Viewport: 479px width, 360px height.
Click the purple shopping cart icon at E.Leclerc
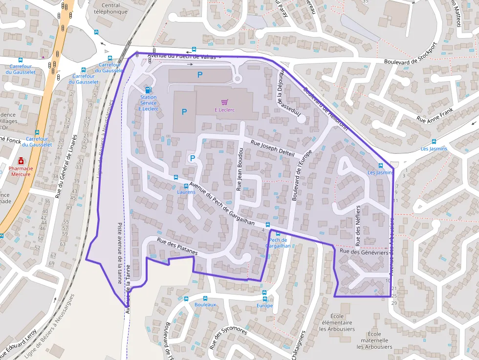click(x=224, y=102)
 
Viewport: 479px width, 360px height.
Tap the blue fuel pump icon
click(x=148, y=89)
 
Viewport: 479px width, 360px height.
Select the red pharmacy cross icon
click(x=21, y=160)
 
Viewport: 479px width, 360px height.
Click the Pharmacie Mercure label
click(x=21, y=171)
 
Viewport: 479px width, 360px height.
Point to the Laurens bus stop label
click(x=186, y=192)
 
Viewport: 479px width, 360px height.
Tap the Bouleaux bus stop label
click(x=205, y=304)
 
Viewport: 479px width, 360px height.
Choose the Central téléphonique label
click(x=110, y=8)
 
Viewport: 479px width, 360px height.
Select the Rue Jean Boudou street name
click(x=239, y=168)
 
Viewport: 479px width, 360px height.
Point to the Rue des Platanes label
click(x=177, y=246)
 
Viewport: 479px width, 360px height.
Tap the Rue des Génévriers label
click(x=364, y=252)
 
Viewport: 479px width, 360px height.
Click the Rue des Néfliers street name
click(x=358, y=225)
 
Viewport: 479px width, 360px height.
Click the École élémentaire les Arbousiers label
click(x=337, y=322)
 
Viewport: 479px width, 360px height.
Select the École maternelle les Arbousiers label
click(x=374, y=343)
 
